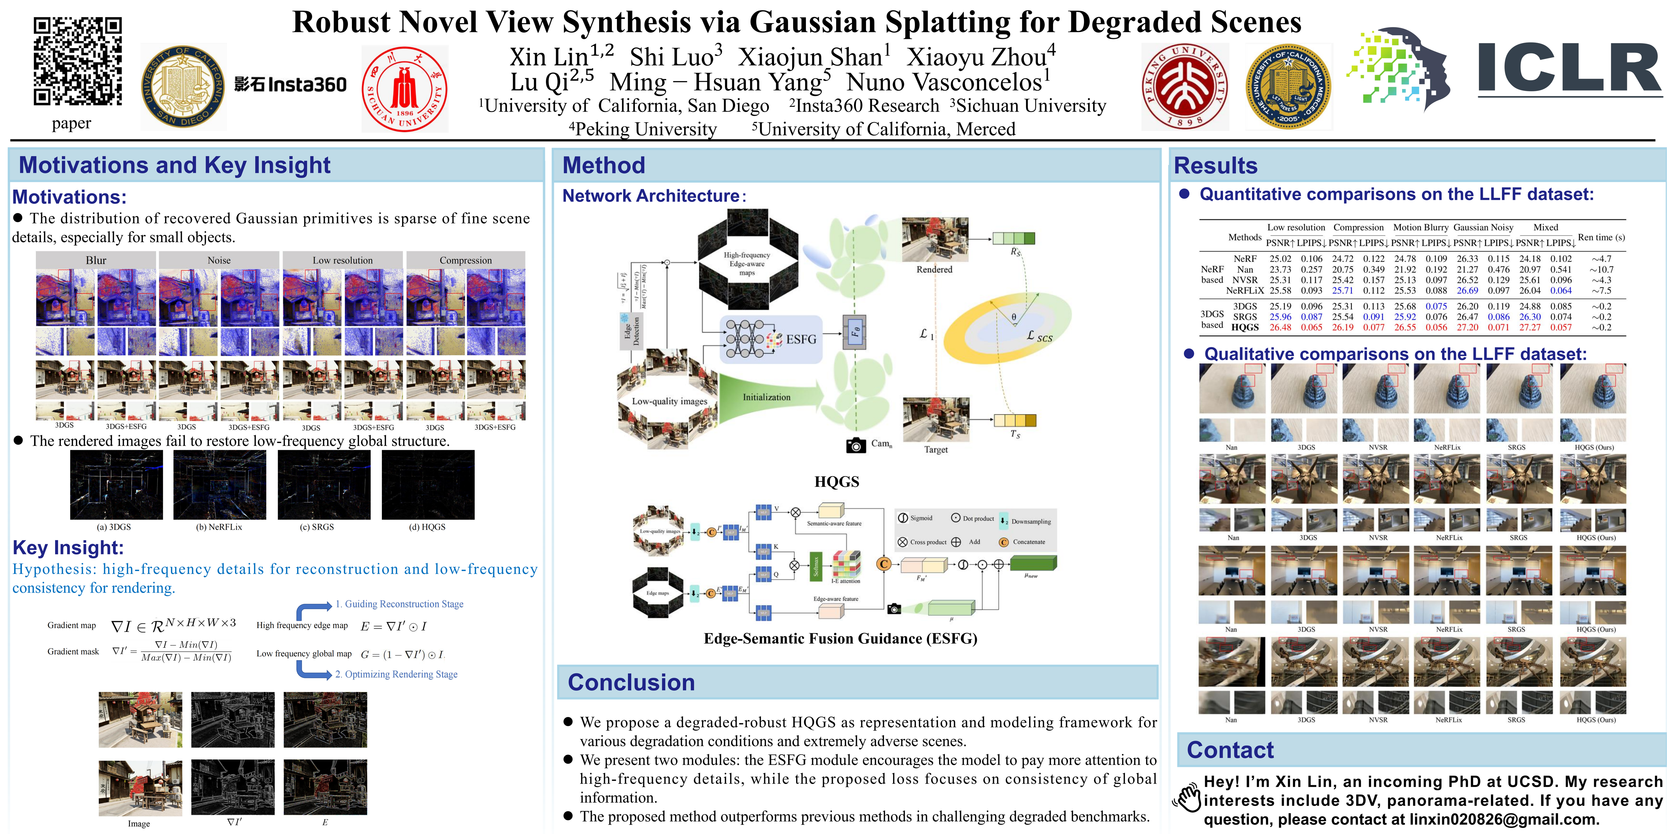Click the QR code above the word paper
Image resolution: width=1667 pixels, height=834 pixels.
pyautogui.click(x=78, y=62)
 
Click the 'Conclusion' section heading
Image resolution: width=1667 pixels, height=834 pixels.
pyautogui.click(x=631, y=683)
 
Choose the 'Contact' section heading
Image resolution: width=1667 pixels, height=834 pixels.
pyautogui.click(x=1229, y=750)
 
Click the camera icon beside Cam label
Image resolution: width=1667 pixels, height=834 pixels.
pyautogui.click(x=856, y=445)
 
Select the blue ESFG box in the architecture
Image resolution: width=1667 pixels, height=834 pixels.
pyautogui.click(x=771, y=339)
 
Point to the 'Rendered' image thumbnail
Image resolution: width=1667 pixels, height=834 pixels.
pyautogui.click(x=934, y=239)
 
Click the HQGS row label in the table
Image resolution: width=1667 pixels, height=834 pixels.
pyautogui.click(x=1244, y=328)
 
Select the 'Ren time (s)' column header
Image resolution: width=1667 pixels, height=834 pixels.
pyautogui.click(x=1601, y=237)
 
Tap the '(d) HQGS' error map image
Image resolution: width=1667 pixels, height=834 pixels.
pyautogui.click(x=428, y=485)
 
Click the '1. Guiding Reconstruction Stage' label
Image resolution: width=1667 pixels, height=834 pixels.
pyautogui.click(x=399, y=604)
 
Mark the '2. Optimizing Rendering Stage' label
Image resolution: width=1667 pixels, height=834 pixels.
pyautogui.click(x=396, y=674)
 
